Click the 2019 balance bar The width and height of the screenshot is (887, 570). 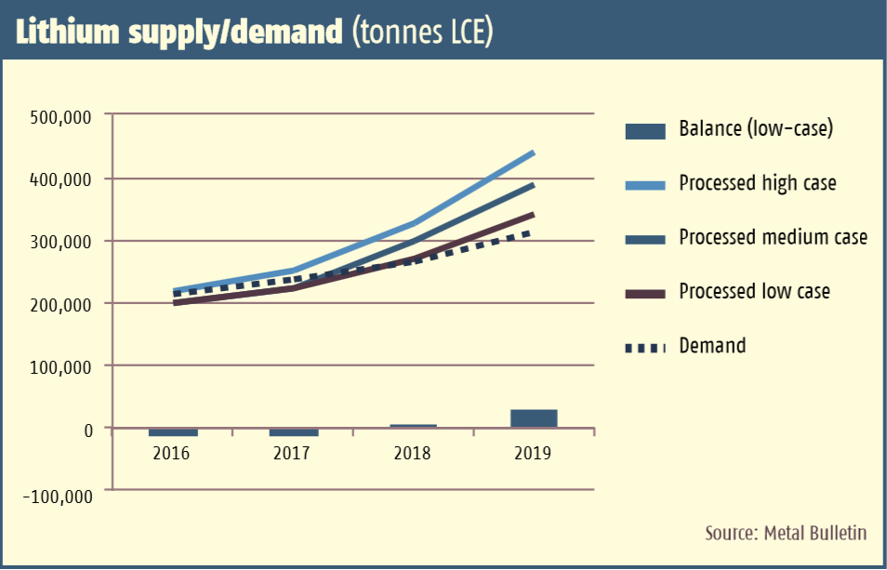(x=534, y=418)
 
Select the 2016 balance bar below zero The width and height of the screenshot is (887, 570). (x=173, y=432)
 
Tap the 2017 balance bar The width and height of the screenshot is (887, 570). (x=294, y=432)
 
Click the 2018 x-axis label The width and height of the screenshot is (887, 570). (x=412, y=454)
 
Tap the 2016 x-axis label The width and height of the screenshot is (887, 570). (x=171, y=454)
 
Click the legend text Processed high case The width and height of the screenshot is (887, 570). (x=757, y=183)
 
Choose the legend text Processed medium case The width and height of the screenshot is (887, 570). (x=773, y=237)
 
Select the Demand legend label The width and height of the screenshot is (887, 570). (x=712, y=346)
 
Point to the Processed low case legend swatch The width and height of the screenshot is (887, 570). (x=645, y=293)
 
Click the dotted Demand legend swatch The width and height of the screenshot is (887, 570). (x=645, y=348)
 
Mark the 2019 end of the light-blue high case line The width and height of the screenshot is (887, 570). (x=533, y=152)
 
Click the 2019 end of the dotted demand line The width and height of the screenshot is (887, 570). (x=531, y=232)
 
